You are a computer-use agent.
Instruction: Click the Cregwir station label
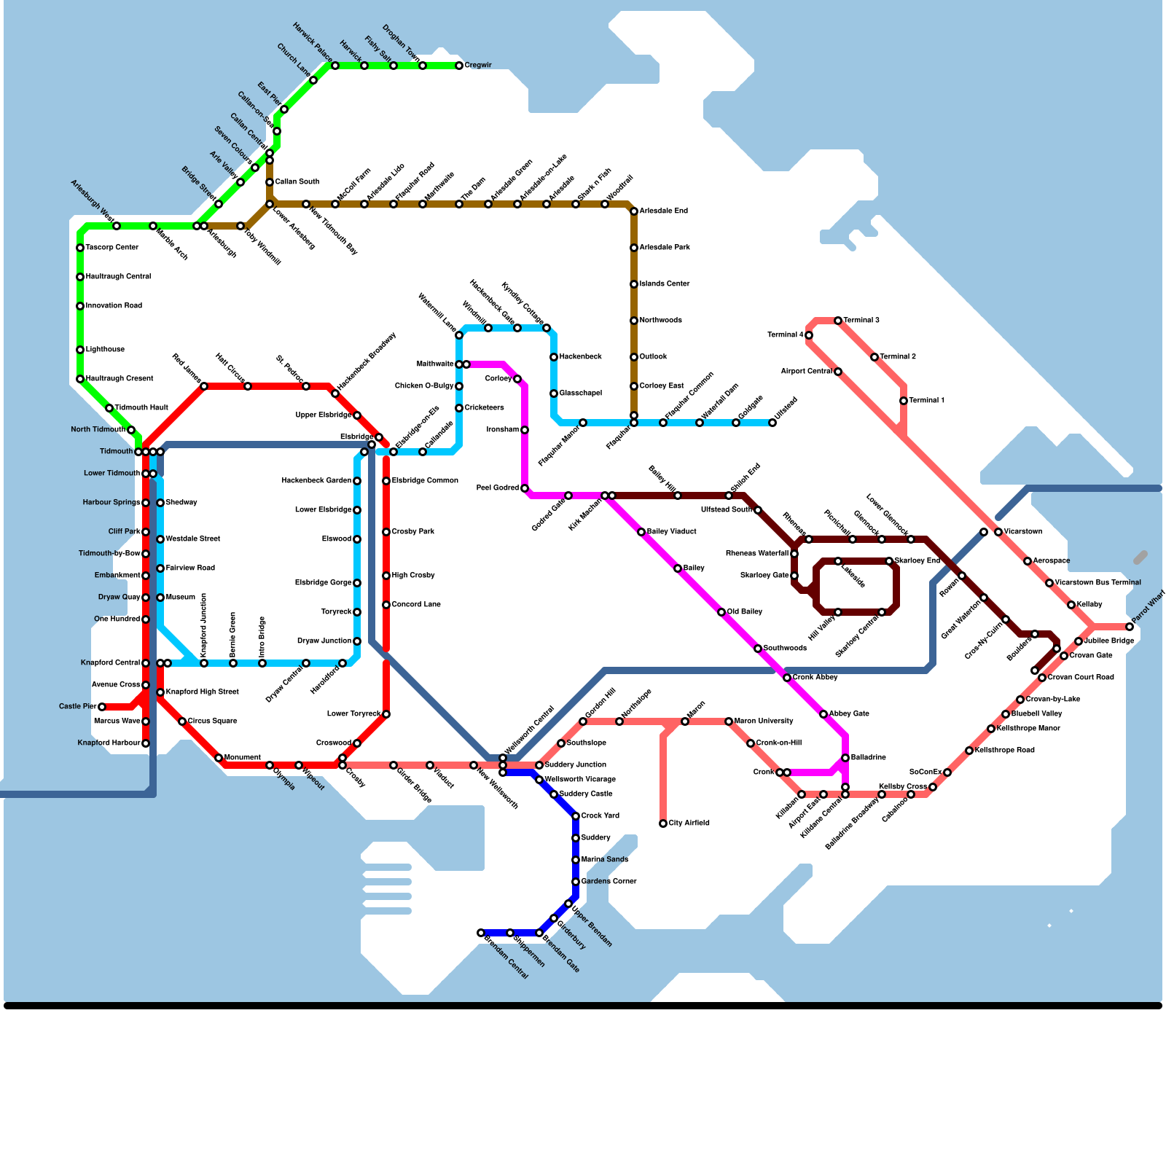point(478,66)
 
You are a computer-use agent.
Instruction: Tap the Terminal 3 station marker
point(838,321)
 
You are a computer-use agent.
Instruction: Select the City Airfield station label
point(689,823)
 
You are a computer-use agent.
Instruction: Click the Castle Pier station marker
point(102,707)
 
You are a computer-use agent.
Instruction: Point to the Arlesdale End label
point(663,211)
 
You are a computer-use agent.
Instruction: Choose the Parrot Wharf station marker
point(1130,627)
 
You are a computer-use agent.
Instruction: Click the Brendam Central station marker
point(481,933)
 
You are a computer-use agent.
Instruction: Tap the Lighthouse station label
point(105,350)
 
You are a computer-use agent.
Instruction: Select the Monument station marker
point(219,758)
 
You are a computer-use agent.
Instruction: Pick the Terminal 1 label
point(926,401)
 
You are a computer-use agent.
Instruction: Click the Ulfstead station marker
point(772,423)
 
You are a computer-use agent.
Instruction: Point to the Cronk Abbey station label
point(815,678)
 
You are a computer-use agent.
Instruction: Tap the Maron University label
point(764,721)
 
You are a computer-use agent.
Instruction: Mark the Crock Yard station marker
point(576,816)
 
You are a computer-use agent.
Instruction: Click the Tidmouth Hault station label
point(141,408)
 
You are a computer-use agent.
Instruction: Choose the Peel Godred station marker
point(525,488)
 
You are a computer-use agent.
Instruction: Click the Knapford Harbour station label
point(109,743)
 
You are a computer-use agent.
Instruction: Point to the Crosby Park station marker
point(386,532)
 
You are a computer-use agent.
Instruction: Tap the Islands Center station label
point(664,284)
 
